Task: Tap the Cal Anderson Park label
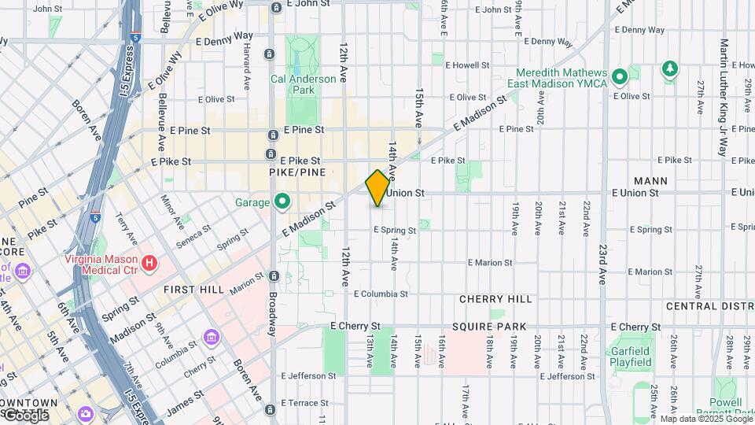(303, 84)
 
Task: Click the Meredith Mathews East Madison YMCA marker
(619, 77)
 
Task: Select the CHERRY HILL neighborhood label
(495, 299)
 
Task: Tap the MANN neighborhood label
(650, 181)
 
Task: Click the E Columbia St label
(380, 294)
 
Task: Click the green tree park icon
(669, 69)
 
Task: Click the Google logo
(25, 415)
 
